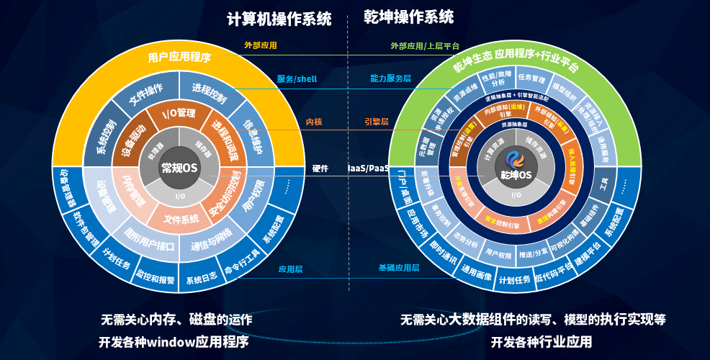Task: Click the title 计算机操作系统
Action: (279, 19)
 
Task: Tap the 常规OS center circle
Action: (179, 168)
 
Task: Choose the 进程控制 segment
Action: (210, 92)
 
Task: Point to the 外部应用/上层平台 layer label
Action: (425, 45)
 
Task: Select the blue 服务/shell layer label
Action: (297, 78)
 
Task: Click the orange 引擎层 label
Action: (377, 122)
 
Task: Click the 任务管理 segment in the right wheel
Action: (532, 78)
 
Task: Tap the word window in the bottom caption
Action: (171, 341)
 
